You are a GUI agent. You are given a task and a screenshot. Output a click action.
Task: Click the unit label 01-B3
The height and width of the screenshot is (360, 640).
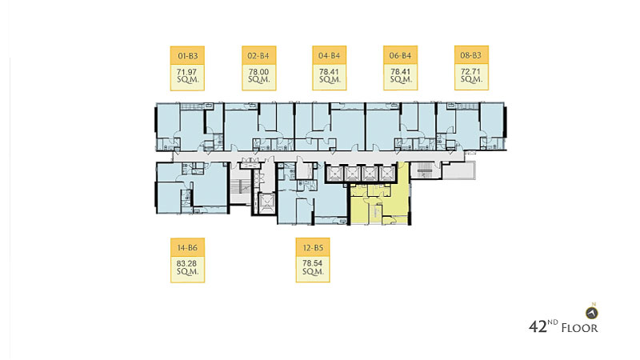click(x=187, y=56)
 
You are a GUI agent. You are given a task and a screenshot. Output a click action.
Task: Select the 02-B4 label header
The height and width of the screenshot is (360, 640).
click(x=258, y=56)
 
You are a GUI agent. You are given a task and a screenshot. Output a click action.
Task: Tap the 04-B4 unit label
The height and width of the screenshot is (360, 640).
click(x=330, y=56)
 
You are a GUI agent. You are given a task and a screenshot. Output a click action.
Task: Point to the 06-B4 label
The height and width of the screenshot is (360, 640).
click(x=401, y=56)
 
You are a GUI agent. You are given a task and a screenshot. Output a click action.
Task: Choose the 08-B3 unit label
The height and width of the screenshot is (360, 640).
click(x=471, y=55)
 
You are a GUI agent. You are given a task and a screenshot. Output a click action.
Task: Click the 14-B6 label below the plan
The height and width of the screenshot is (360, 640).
click(x=187, y=248)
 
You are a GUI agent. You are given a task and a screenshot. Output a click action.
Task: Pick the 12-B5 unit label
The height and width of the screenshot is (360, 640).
click(x=313, y=248)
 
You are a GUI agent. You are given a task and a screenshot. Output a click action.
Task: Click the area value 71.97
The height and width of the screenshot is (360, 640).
click(x=186, y=72)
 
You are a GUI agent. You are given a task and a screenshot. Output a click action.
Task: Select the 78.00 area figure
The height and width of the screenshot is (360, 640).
click(x=258, y=72)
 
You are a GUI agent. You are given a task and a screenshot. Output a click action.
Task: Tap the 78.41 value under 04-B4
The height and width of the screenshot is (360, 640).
click(x=329, y=72)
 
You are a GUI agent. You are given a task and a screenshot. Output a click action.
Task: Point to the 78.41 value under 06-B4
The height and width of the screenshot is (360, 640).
click(x=401, y=72)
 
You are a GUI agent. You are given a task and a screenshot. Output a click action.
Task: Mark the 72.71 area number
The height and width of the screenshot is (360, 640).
click(x=470, y=71)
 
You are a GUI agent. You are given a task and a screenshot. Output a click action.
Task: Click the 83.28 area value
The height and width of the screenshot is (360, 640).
click(x=186, y=264)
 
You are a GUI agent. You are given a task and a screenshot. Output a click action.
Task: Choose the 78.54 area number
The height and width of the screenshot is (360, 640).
click(x=312, y=264)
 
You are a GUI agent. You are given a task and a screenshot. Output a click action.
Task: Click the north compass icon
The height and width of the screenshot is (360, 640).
click(x=592, y=313)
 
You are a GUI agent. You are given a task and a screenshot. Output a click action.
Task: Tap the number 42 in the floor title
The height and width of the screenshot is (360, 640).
click(x=538, y=327)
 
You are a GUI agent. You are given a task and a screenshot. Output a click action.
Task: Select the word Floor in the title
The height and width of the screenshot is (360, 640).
click(x=579, y=328)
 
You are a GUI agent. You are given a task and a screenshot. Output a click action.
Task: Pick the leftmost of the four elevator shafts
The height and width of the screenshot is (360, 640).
click(x=334, y=173)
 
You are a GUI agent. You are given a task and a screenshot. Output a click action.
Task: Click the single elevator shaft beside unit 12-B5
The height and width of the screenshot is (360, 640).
click(x=266, y=202)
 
